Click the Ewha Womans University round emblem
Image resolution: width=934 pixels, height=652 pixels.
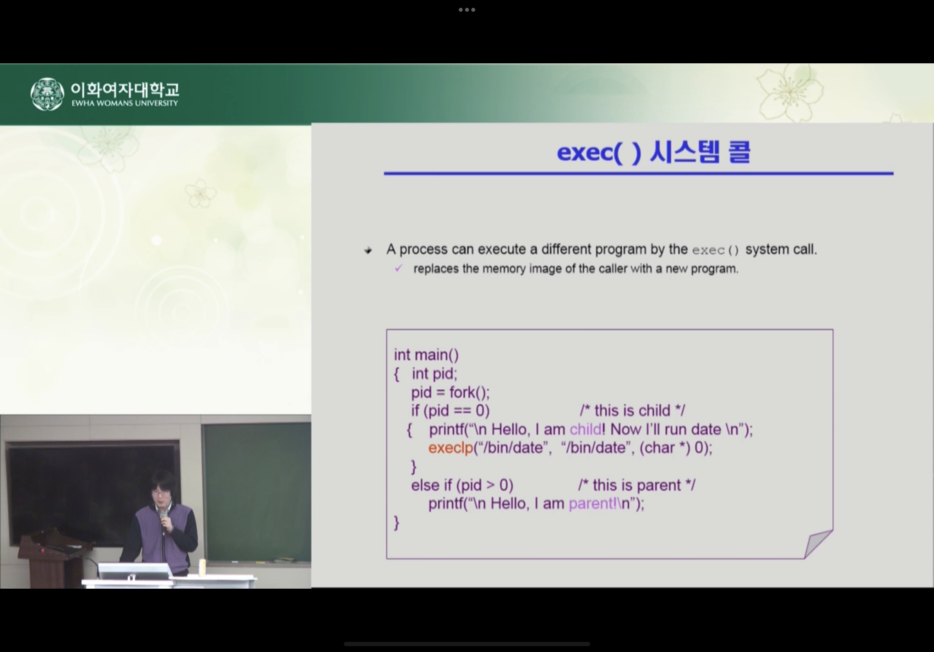click(47, 94)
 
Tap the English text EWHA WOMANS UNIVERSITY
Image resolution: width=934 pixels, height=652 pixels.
click(125, 103)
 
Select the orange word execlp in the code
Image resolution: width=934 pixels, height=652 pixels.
click(450, 448)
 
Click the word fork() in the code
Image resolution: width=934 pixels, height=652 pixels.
click(469, 392)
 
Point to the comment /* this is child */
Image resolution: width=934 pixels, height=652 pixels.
click(632, 410)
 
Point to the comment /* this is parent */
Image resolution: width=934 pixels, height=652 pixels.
click(637, 485)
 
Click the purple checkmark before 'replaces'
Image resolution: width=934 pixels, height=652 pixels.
click(399, 268)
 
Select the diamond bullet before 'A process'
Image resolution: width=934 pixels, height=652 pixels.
click(368, 250)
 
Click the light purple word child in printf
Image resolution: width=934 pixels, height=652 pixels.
click(586, 429)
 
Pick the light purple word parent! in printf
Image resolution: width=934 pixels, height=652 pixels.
click(593, 503)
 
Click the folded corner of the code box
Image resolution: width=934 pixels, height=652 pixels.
click(818, 544)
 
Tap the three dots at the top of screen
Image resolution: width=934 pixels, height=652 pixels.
click(467, 10)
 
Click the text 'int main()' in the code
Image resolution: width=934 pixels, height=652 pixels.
click(426, 355)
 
